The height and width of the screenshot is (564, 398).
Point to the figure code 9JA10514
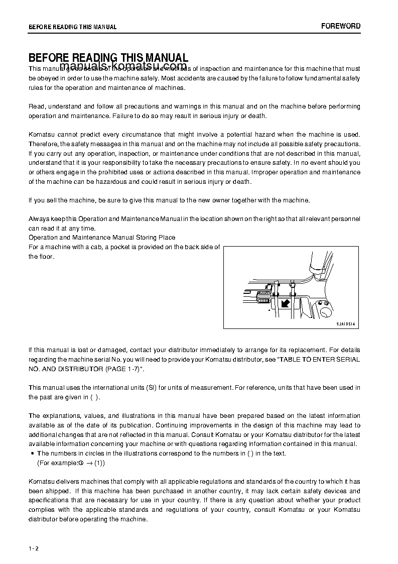click(x=345, y=324)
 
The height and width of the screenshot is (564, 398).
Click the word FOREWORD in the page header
click(x=341, y=26)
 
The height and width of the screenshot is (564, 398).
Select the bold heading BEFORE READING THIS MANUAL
click(x=108, y=58)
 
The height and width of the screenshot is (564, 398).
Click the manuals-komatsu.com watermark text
click(x=123, y=67)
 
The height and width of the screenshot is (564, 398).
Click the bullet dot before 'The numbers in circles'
click(x=32, y=454)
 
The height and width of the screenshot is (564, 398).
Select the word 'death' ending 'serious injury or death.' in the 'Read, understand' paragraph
click(x=257, y=116)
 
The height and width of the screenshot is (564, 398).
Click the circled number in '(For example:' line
click(x=80, y=463)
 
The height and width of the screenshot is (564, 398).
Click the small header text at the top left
click(x=72, y=27)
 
